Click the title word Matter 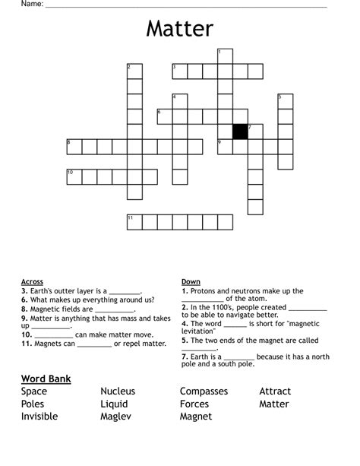coord(180,29)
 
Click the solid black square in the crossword coord(240,132)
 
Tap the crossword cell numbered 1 coord(225,55)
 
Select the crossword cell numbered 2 coord(134,71)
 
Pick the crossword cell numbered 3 coord(180,71)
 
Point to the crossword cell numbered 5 coord(286,101)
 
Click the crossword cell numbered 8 coord(74,146)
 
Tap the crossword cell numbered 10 coord(74,176)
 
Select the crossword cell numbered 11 coord(134,221)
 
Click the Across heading coord(32,282)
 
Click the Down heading coord(191,282)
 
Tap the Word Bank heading coord(46,378)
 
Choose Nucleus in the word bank coord(118,392)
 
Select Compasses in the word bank coord(205,392)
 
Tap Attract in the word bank coord(275,392)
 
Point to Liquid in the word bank coord(114,404)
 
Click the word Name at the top coord(30,5)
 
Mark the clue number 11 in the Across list coord(26,344)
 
